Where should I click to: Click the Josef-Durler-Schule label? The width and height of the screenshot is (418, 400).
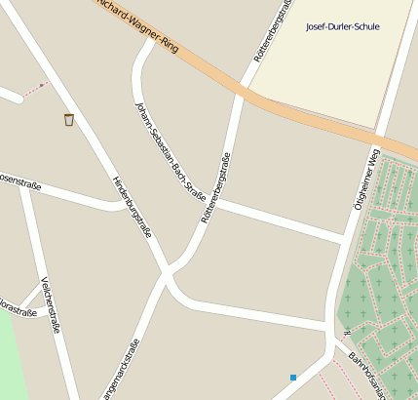click(x=342, y=26)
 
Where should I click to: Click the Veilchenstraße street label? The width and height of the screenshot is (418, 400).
click(x=51, y=306)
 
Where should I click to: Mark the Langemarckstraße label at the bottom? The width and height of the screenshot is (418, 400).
click(x=122, y=371)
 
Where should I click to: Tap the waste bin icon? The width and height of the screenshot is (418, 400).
click(x=68, y=120)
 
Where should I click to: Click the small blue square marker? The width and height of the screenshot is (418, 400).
click(x=292, y=377)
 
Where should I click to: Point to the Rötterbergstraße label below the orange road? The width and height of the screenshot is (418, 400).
click(x=216, y=188)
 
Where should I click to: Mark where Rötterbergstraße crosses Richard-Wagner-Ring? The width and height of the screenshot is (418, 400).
click(x=243, y=93)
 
